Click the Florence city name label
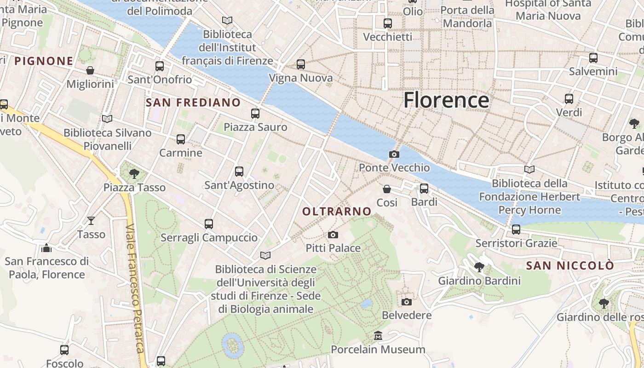pyautogui.click(x=446, y=100)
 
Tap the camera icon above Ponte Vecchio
pyautogui.click(x=394, y=155)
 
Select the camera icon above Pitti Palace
pyautogui.click(x=333, y=235)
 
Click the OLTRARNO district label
pyautogui.click(x=337, y=211)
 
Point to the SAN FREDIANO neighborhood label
pyautogui.click(x=193, y=103)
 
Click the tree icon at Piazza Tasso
pyautogui.click(x=134, y=174)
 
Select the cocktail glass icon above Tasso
pyautogui.click(x=91, y=221)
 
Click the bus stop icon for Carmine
pyautogui.click(x=181, y=139)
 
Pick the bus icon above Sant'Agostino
pyautogui.click(x=239, y=172)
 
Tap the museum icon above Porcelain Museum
pyautogui.click(x=378, y=336)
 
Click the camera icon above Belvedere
pyautogui.click(x=406, y=302)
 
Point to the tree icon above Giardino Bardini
pyautogui.click(x=479, y=267)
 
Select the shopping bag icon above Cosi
pyautogui.click(x=387, y=189)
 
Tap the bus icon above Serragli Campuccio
pyautogui.click(x=209, y=224)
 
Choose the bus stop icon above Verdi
pyautogui.click(x=569, y=99)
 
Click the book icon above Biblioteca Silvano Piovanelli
pyautogui.click(x=107, y=119)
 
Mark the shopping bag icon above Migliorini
pyautogui.click(x=90, y=70)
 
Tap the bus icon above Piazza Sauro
pyautogui.click(x=255, y=114)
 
